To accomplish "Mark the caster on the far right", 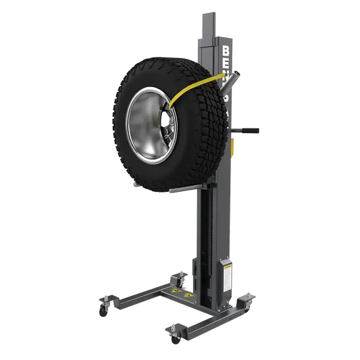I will (249, 300).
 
